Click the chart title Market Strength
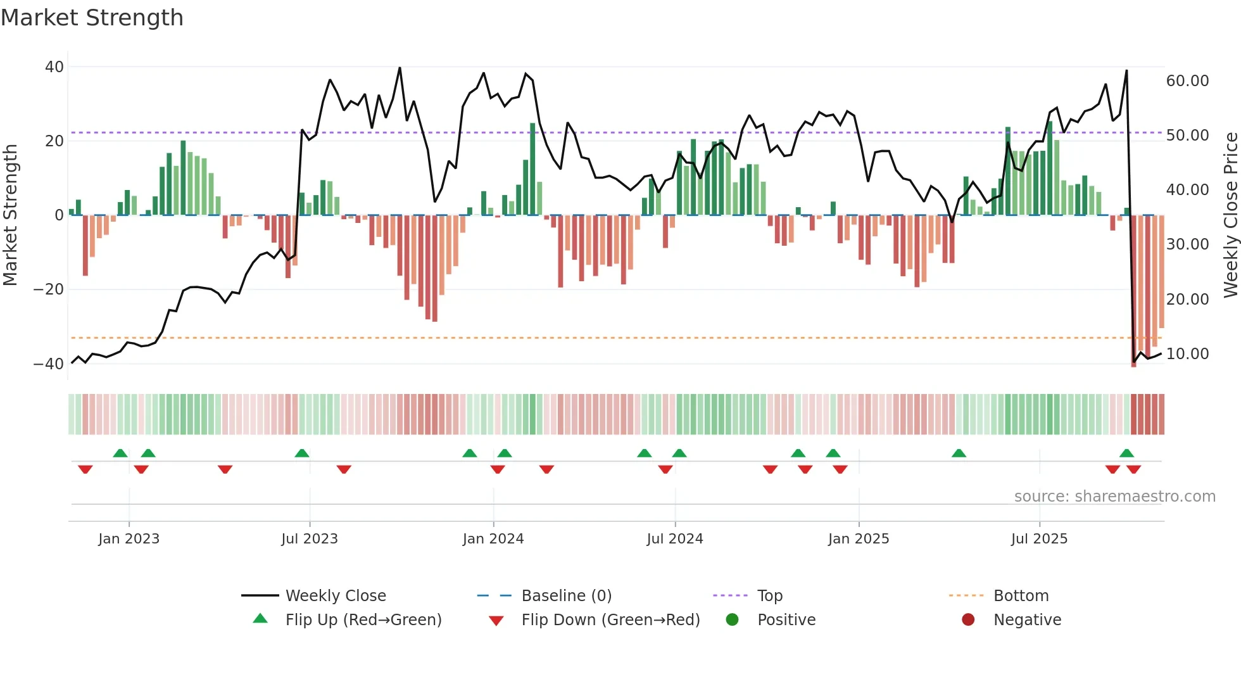92,18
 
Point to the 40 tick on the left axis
54,67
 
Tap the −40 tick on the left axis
49,364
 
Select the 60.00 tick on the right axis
1187,81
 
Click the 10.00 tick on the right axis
1187,354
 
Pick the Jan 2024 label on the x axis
493,539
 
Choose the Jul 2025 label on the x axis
1039,539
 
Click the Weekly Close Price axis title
1230,215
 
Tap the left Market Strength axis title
10,215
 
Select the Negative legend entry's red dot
968,620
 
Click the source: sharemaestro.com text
1114,497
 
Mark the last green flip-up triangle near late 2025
1126,454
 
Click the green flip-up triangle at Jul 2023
302,454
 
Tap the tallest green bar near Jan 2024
532,169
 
